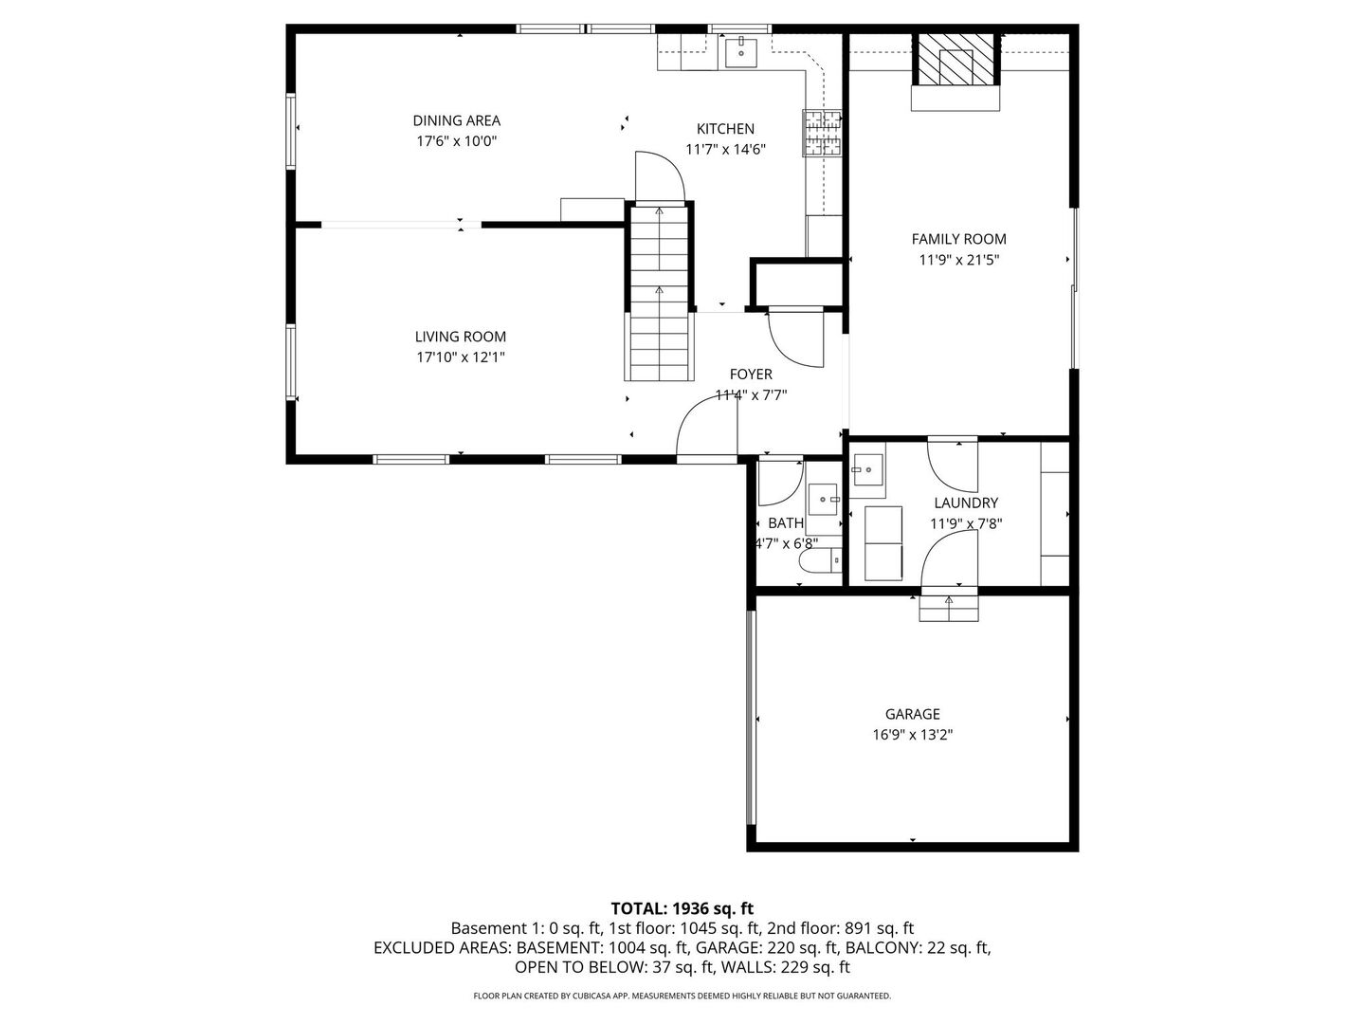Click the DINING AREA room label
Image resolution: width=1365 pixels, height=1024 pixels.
click(x=456, y=120)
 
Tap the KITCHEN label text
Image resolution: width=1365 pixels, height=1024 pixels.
click(x=725, y=129)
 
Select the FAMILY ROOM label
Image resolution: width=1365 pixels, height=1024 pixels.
click(x=958, y=239)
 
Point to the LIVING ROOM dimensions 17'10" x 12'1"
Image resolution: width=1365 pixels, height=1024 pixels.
click(x=461, y=357)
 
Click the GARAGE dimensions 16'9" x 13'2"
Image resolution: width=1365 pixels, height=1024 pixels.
click(x=913, y=734)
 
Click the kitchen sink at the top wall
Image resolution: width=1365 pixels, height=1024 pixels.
click(x=739, y=53)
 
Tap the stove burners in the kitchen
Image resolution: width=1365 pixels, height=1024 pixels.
click(x=822, y=133)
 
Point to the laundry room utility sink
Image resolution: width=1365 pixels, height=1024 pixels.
click(x=866, y=468)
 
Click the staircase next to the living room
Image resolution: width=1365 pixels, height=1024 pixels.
click(x=659, y=313)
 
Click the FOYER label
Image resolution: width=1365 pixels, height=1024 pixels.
click(x=751, y=375)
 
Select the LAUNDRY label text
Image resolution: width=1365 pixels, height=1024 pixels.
click(x=966, y=503)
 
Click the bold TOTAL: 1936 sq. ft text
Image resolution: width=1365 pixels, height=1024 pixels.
click(x=682, y=908)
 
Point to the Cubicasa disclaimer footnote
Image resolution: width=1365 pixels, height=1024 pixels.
click(x=682, y=996)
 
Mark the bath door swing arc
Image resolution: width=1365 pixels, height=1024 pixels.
click(x=780, y=483)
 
